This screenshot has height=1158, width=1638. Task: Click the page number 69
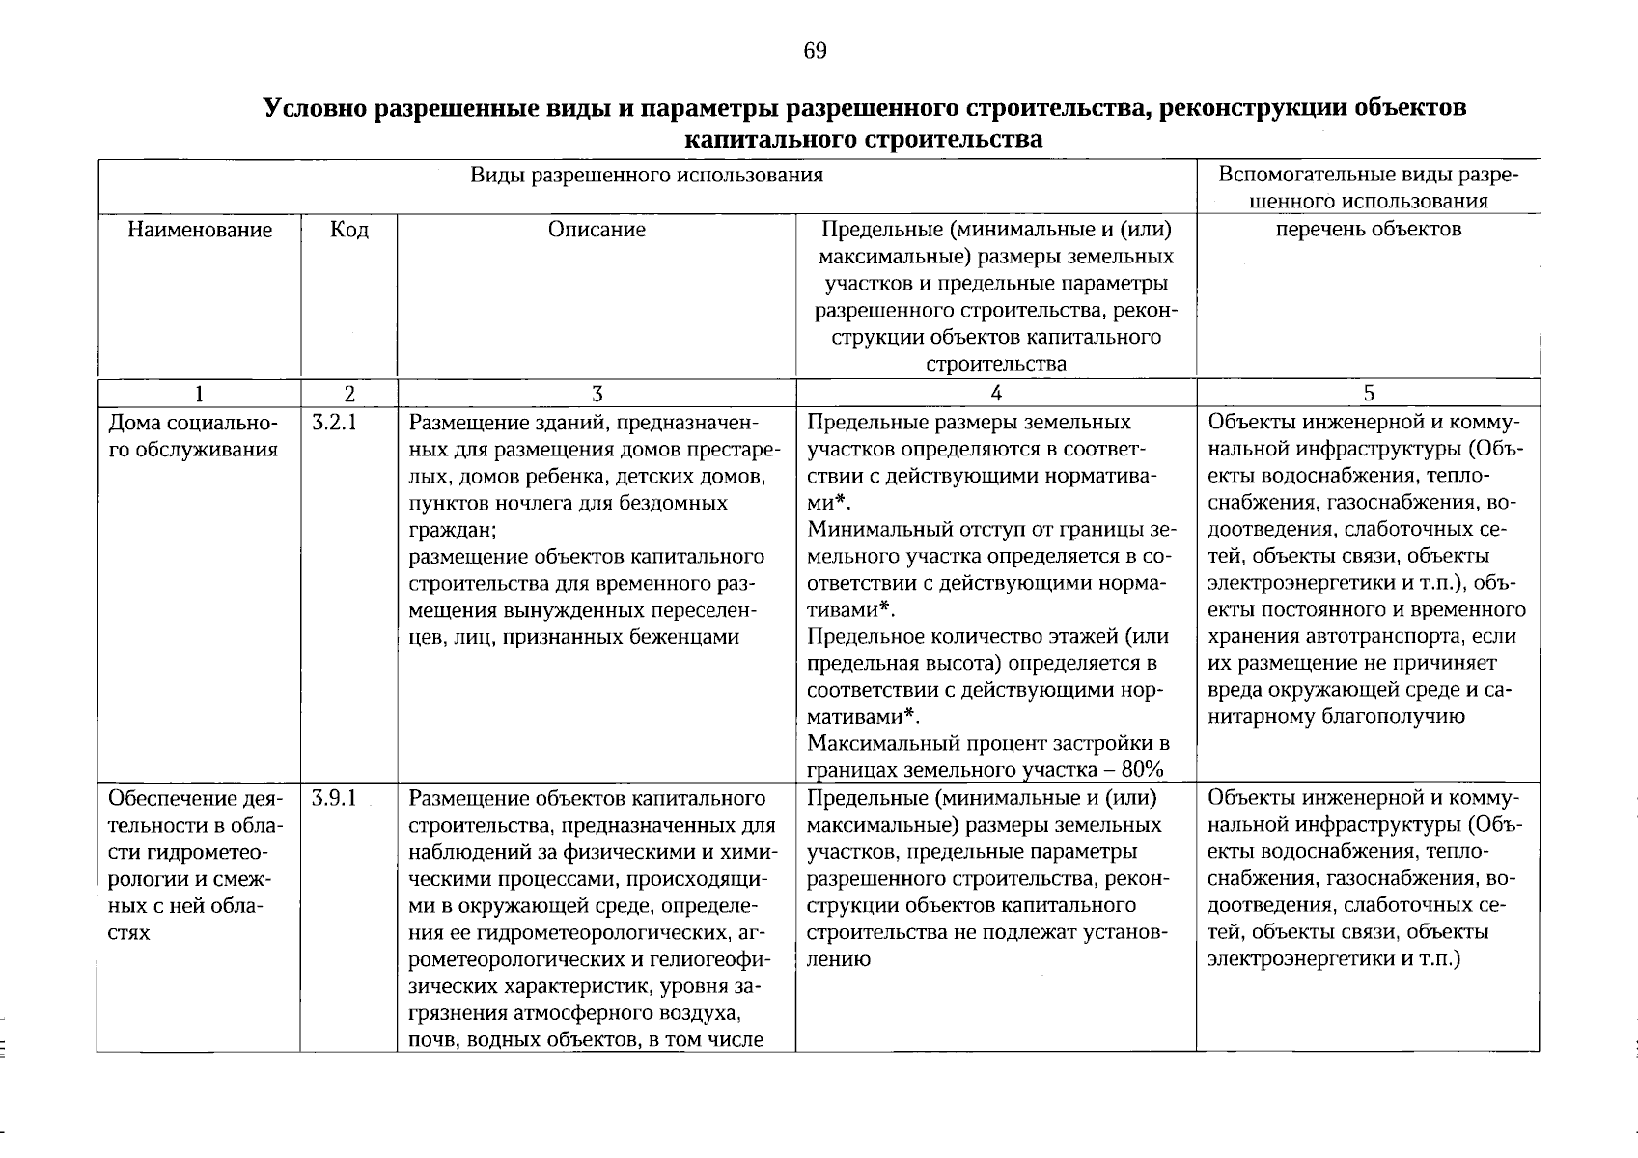815,51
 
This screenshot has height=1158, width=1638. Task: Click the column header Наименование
200,230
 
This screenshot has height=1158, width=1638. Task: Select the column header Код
348,230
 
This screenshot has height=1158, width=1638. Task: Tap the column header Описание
597,230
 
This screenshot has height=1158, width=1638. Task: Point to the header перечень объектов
1368,230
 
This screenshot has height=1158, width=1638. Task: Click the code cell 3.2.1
335,423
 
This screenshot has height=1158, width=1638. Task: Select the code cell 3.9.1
335,799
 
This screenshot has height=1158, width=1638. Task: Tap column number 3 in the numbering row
597,393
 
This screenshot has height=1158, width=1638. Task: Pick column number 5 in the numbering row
1368,393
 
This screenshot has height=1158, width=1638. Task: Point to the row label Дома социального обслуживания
193,436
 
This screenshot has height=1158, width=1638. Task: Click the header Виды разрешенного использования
647,175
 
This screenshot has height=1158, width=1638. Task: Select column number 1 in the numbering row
199,393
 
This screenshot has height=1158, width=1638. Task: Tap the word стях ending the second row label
130,933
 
